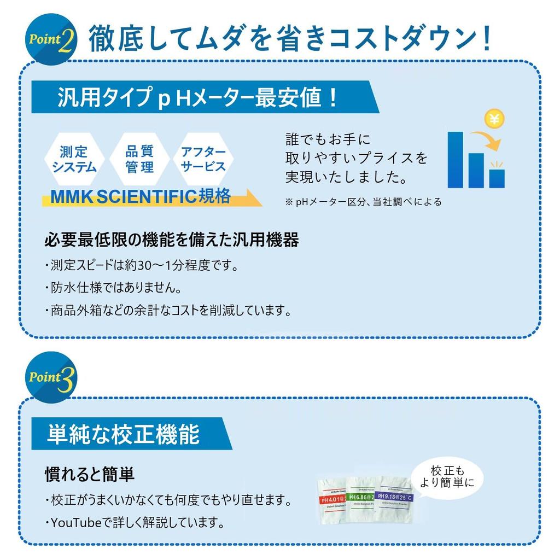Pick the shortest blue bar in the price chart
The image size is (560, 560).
497,178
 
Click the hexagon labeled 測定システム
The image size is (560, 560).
74,159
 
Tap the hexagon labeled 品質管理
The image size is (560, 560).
139,159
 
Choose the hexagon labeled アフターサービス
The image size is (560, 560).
203,159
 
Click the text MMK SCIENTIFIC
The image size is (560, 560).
123,197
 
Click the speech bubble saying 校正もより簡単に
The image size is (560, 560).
447,476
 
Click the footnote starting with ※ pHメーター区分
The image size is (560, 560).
363,202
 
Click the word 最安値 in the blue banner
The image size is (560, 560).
298,98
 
